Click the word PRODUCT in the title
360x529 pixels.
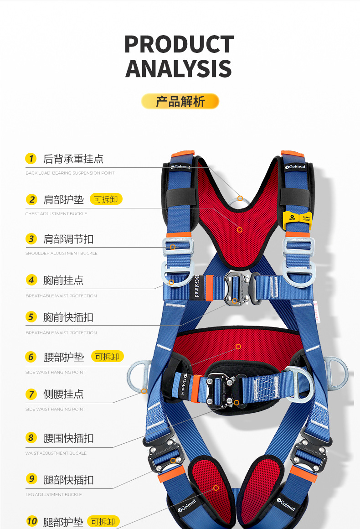pos(179,44)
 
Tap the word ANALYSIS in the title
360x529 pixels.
pos(179,68)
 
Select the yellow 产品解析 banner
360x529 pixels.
pos(180,101)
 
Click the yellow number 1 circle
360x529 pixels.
pos(31,159)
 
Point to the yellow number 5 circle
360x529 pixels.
pos(31,317)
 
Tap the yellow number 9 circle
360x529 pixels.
pos(31,479)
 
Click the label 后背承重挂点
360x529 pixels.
pos(73,159)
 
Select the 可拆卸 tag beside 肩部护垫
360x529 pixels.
pos(106,199)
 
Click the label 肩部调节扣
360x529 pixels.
pos(68,239)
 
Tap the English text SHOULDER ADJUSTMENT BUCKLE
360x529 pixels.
pos(62,254)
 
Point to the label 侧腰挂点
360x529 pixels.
pos(63,394)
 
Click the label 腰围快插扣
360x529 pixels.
pos(68,438)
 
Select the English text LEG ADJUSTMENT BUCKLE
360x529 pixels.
pos(54,494)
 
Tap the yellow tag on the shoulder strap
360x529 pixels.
pos(297,220)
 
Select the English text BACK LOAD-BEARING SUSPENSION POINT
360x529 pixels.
pos(70,173)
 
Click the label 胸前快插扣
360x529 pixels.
pos(68,317)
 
